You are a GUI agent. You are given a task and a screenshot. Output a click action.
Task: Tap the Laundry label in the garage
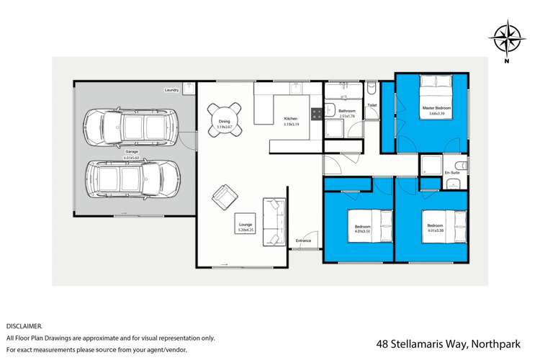pos(171,90)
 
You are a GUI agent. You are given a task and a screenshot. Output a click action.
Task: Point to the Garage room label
pos(132,152)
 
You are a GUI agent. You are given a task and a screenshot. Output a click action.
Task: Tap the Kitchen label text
pos(290,118)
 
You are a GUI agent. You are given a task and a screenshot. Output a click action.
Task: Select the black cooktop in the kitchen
pos(315,114)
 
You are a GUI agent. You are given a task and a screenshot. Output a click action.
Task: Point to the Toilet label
pos(372,105)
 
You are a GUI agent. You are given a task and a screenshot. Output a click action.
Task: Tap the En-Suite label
pos(451,174)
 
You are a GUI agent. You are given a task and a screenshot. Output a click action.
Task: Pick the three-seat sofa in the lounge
pos(274,222)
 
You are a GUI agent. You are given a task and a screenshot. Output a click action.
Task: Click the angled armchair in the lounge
pos(225,196)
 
